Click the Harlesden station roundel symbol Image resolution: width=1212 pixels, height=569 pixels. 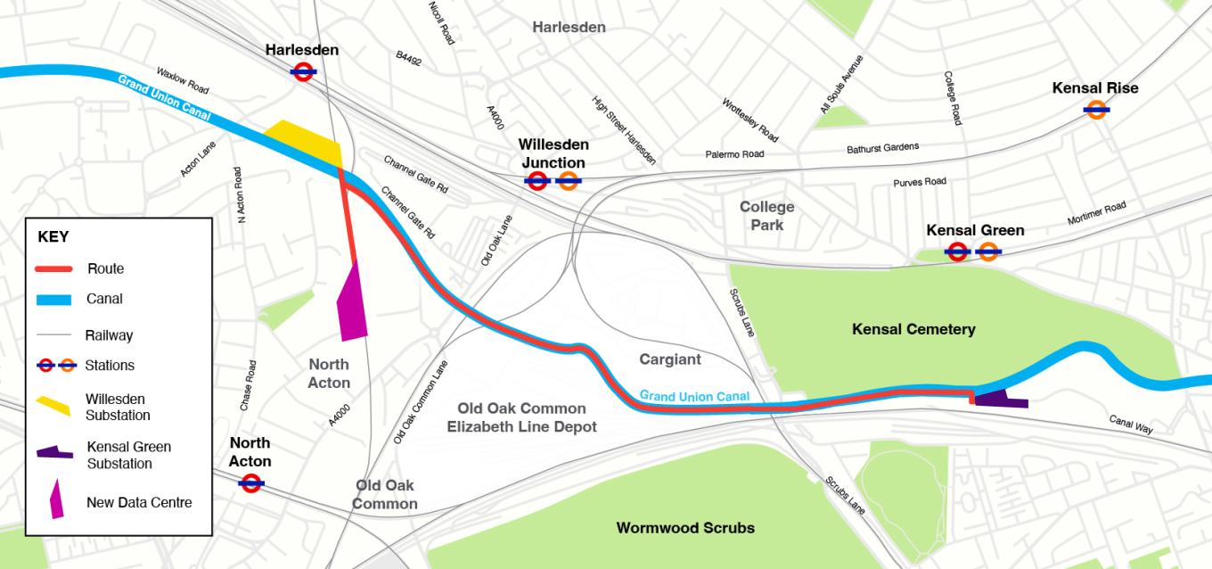[302, 72]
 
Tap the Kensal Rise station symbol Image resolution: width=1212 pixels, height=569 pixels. [1096, 110]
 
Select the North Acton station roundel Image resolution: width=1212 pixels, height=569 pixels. [250, 483]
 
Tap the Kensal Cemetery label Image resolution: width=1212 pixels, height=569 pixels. [913, 330]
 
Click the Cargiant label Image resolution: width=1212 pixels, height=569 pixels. [670, 359]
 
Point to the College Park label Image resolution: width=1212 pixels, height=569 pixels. [766, 216]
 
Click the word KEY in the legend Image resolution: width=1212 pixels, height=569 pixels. [53, 238]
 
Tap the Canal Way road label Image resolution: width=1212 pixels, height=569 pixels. [1131, 424]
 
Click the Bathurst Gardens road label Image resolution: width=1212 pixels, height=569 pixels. [881, 147]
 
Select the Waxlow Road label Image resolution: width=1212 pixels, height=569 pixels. [182, 80]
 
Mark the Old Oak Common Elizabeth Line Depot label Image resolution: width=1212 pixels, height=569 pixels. [521, 417]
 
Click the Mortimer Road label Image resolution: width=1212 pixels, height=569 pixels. [1096, 214]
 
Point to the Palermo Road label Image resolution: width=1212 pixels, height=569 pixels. [734, 154]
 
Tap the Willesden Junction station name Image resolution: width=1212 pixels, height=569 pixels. [553, 153]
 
